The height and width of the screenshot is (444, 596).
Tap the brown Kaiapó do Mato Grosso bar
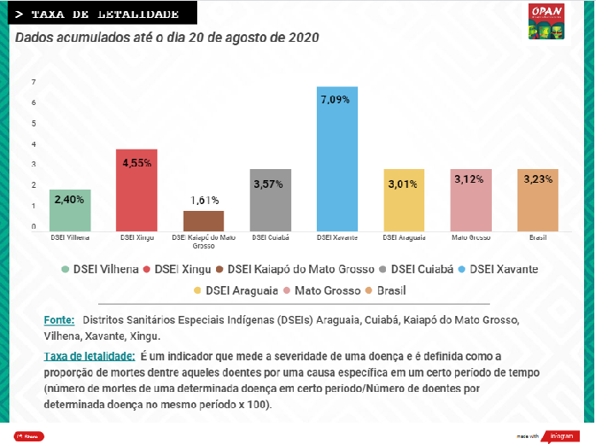203,221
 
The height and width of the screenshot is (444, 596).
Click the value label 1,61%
203,201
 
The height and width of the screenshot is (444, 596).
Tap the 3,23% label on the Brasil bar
537,179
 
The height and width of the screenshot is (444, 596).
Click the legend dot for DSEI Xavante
462,269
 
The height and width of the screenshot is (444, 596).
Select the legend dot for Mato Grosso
288,290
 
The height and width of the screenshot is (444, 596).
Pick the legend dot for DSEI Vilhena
65,269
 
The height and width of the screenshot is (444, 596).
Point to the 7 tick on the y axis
33,82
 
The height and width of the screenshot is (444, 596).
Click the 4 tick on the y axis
33,144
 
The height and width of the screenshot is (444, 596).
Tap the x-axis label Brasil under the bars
537,237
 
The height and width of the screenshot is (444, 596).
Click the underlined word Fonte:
59,319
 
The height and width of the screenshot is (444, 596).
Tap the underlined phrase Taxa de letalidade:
89,354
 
